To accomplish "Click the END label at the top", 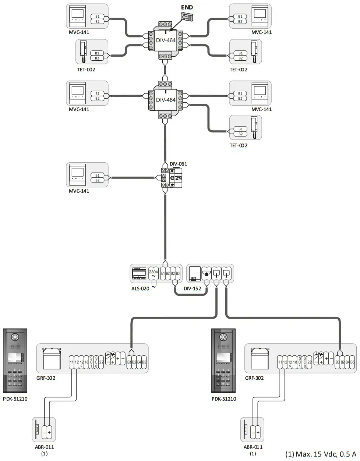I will click(x=187, y=7).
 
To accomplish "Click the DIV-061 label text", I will click(x=178, y=164).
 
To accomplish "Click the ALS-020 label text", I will click(x=140, y=289).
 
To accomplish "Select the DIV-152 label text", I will click(x=193, y=289).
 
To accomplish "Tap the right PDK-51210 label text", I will click(x=224, y=399).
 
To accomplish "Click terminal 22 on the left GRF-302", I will click(x=101, y=362).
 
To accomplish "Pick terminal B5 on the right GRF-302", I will click(x=352, y=362).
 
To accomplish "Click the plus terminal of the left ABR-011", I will click(x=49, y=433).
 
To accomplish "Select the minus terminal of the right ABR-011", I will click(x=253, y=433).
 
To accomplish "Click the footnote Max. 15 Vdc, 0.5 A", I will click(x=321, y=454).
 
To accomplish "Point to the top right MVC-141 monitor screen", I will click(x=260, y=14).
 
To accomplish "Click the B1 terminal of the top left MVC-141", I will click(x=98, y=17).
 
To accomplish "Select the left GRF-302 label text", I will click(x=46, y=378).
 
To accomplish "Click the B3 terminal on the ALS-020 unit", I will click(x=177, y=274).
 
